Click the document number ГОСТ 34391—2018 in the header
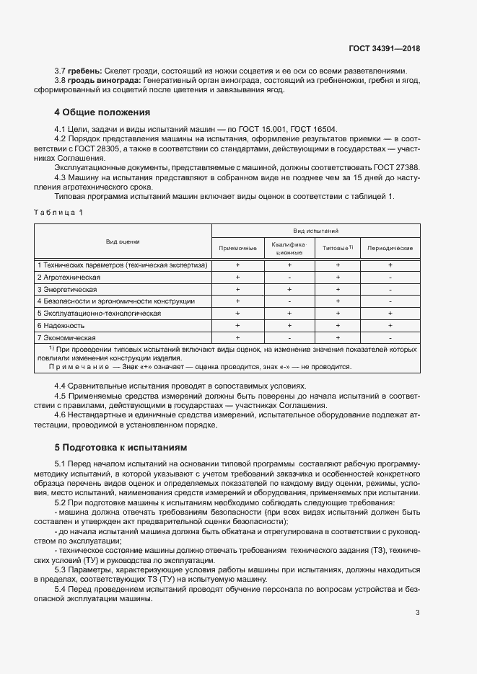[x=384, y=48]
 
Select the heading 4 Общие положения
[x=102, y=112]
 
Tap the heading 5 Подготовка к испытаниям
[x=121, y=447]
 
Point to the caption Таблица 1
[x=58, y=212]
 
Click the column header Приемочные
[x=237, y=248]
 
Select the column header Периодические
[x=390, y=248]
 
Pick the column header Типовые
[x=336, y=248]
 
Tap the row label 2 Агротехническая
[x=69, y=277]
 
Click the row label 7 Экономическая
[x=66, y=337]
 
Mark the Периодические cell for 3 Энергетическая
[x=390, y=289]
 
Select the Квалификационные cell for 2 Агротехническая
[x=289, y=277]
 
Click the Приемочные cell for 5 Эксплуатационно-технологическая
[x=237, y=314]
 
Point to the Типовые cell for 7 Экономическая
[x=337, y=337]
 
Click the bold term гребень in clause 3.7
[x=84, y=71]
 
